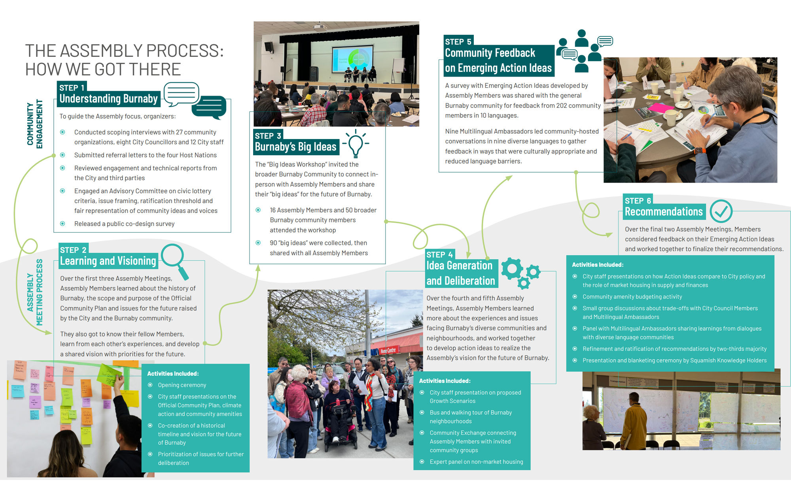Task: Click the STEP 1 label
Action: (72, 88)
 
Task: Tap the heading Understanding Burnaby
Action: (108, 99)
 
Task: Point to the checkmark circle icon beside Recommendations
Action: (721, 211)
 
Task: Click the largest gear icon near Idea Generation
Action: (512, 269)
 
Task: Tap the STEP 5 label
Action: (458, 41)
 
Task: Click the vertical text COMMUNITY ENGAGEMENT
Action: (35, 124)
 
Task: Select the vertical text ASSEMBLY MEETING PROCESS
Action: (35, 292)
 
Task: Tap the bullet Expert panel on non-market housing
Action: (476, 461)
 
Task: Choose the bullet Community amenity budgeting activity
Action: (632, 296)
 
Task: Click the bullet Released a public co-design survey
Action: (124, 224)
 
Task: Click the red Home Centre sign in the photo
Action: (388, 350)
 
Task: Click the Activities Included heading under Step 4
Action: (445, 381)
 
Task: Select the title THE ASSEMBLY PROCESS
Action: (124, 51)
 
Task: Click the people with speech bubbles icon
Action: (584, 50)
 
